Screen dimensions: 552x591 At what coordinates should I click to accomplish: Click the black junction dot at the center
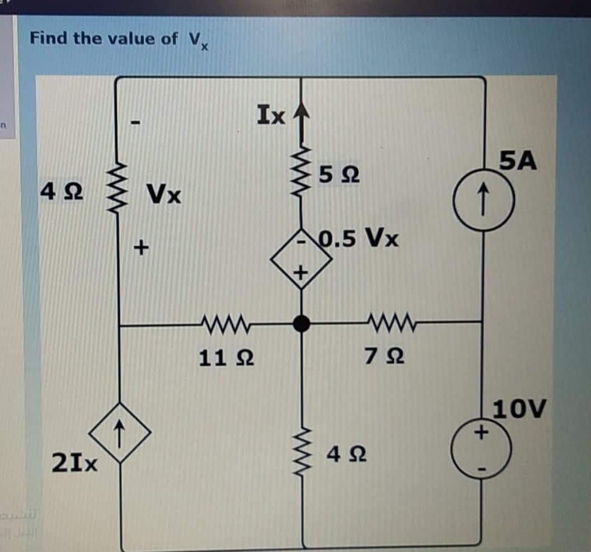coord(302,323)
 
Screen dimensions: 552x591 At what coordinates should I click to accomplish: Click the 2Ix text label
coord(75,463)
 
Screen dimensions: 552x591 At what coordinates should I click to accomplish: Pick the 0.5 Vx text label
coord(358,239)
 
